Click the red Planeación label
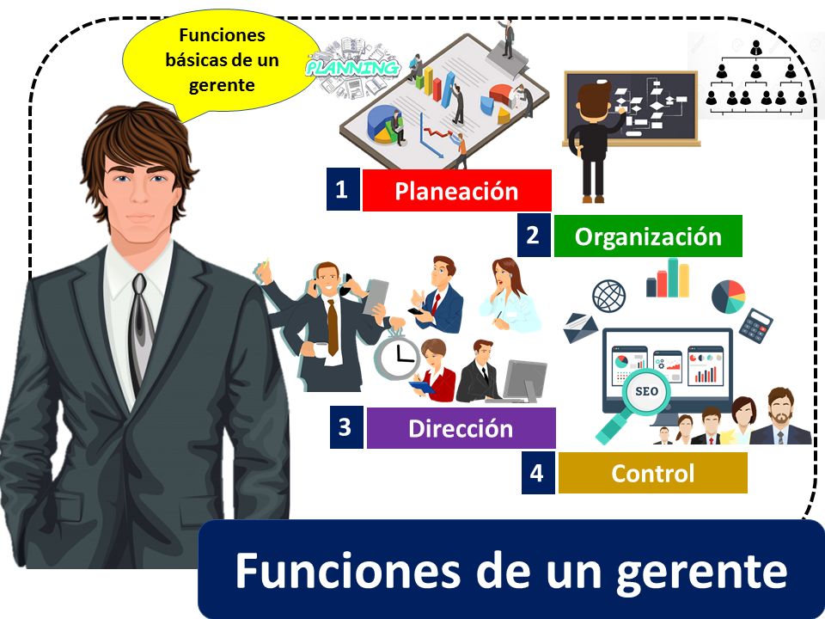click(456, 191)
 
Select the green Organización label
click(648, 236)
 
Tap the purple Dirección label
click(461, 428)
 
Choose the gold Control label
click(653, 473)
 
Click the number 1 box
click(343, 189)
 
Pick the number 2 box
click(534, 236)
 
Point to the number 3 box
click(346, 427)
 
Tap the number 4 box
click(538, 473)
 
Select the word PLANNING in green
click(353, 68)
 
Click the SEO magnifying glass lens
click(646, 392)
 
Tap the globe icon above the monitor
click(608, 296)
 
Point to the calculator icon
click(755, 326)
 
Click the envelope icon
click(580, 328)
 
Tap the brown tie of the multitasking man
click(333, 328)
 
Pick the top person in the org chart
click(755, 47)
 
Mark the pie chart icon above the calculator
click(729, 297)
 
